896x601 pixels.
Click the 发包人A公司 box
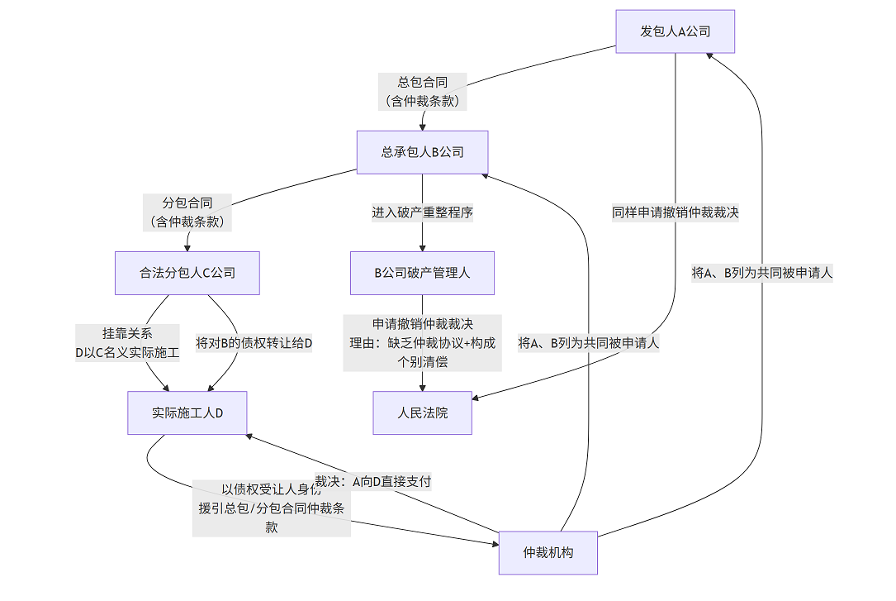[675, 31]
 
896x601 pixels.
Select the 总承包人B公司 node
[422, 152]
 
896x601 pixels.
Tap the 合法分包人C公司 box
[187, 273]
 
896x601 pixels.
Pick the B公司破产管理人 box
[422, 273]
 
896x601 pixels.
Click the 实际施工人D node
[187, 413]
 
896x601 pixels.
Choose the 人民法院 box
[422, 413]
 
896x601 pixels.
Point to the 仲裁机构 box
[548, 552]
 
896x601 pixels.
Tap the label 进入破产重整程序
[422, 212]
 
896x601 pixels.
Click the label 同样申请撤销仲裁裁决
[675, 212]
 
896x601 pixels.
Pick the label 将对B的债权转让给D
[254, 343]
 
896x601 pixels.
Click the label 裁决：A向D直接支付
[373, 481]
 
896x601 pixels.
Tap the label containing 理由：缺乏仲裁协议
[423, 343]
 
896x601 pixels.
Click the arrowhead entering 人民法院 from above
[423, 387]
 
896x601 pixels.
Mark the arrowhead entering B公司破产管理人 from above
[423, 247]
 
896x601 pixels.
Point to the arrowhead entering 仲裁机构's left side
[494, 543]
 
